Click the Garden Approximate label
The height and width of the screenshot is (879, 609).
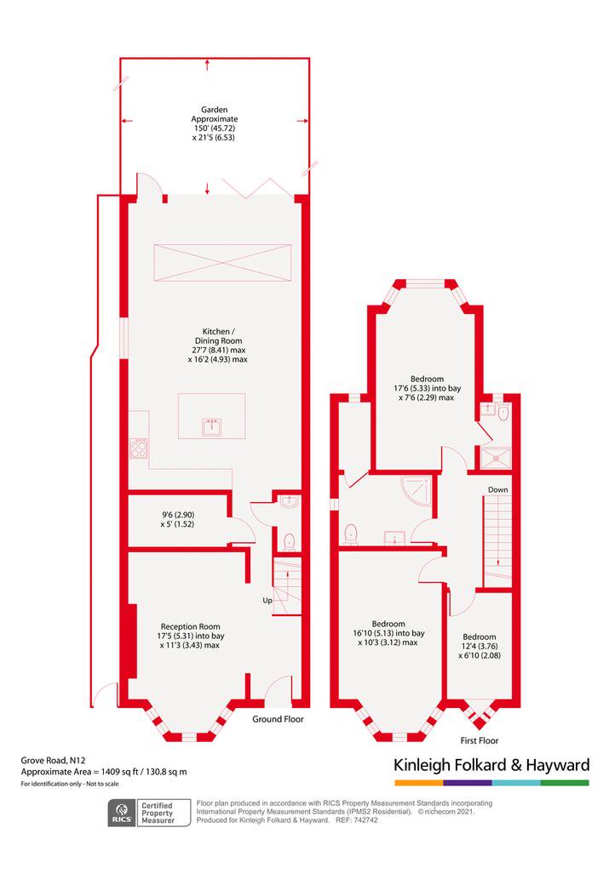[214, 114]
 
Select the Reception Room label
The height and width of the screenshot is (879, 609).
[190, 627]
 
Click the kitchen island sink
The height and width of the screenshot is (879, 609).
[211, 427]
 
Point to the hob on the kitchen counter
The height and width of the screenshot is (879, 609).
[139, 448]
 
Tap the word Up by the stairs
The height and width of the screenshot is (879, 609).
[267, 601]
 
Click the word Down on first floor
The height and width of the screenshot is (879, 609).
[497, 489]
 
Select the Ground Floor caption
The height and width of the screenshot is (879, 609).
[278, 719]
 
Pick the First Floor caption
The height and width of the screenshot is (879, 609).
[480, 740]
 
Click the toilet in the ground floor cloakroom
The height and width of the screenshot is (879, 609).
[289, 541]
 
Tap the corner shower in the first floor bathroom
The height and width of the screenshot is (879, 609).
[417, 491]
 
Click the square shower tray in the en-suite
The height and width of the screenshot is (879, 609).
[497, 458]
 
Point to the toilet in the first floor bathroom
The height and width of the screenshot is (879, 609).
[352, 534]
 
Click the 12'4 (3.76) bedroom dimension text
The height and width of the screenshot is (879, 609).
[480, 646]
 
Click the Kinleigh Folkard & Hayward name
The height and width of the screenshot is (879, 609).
[491, 765]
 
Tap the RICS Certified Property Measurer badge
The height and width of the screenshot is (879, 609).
[149, 813]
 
